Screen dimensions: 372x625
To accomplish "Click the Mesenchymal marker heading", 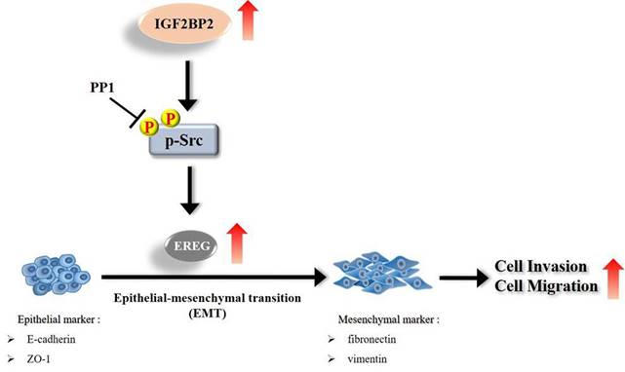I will click(370, 319).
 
